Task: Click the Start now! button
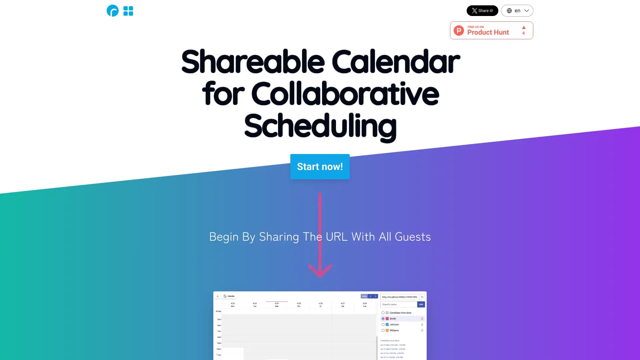pos(320,167)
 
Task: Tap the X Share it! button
pos(482,11)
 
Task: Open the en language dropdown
pos(517,11)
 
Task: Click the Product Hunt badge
pos(488,30)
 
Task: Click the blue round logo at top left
pos(113,11)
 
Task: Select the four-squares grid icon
pos(128,11)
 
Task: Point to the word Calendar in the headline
pos(395,62)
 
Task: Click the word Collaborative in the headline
pos(345,94)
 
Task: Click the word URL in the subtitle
pos(336,237)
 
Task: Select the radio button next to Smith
pos(383,319)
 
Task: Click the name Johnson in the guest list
pos(394,325)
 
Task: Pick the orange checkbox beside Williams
pos(387,330)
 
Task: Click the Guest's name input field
pos(399,304)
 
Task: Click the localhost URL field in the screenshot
pos(400,297)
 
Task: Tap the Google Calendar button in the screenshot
pos(229,296)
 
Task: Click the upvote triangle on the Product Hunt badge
pos(524,28)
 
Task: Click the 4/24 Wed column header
pos(277,305)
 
